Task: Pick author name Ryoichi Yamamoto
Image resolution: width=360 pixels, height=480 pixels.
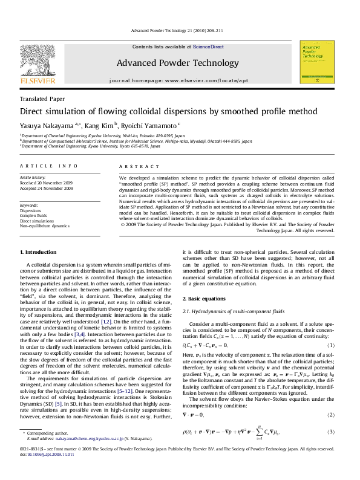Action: [x=133, y=125]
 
